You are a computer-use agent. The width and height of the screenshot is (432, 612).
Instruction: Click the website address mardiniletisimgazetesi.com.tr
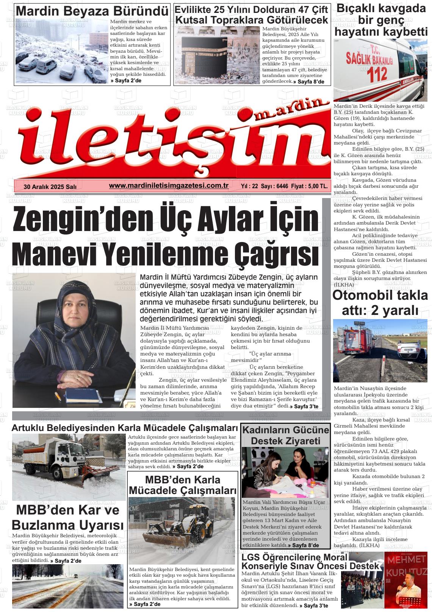[168, 186]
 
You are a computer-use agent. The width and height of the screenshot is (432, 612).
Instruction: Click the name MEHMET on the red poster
[405, 560]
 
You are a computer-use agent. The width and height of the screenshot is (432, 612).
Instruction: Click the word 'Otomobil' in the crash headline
[362, 295]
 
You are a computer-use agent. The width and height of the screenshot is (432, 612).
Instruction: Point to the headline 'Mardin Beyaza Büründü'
[92, 11]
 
